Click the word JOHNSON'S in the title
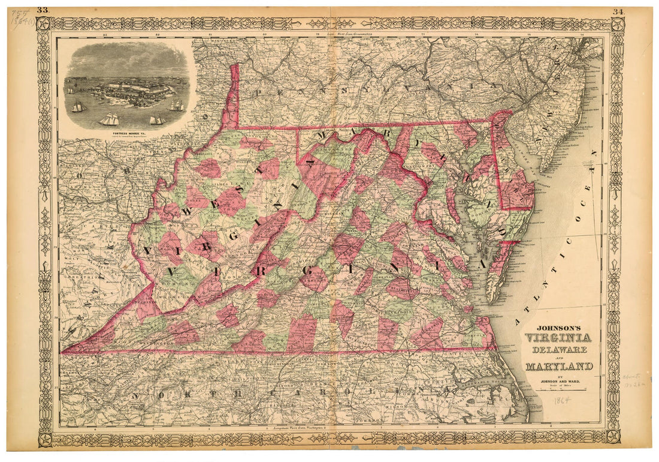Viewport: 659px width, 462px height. (558, 328)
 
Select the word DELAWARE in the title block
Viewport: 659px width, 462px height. (558, 348)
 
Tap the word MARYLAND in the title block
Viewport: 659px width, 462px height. (560, 366)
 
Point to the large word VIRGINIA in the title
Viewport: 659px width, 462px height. (558, 338)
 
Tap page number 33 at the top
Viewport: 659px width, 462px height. (43, 10)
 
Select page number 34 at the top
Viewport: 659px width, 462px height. (618, 11)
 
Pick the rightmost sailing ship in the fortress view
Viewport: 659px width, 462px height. (177, 106)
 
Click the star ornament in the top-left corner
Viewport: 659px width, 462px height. (44, 24)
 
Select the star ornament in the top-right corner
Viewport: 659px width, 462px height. (617, 25)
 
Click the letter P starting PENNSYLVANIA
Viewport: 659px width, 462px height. (260, 92)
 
